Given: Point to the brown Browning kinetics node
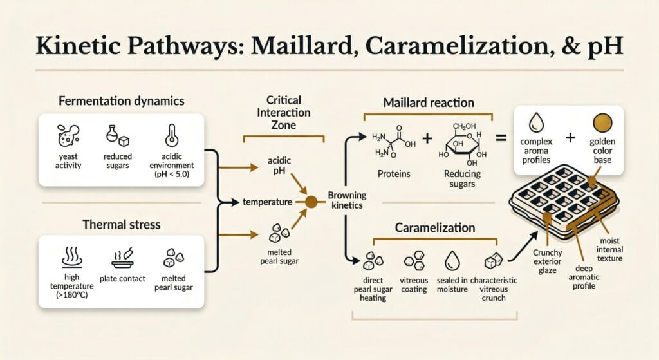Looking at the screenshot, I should (x=310, y=202).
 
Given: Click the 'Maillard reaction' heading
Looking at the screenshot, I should (x=429, y=102).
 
